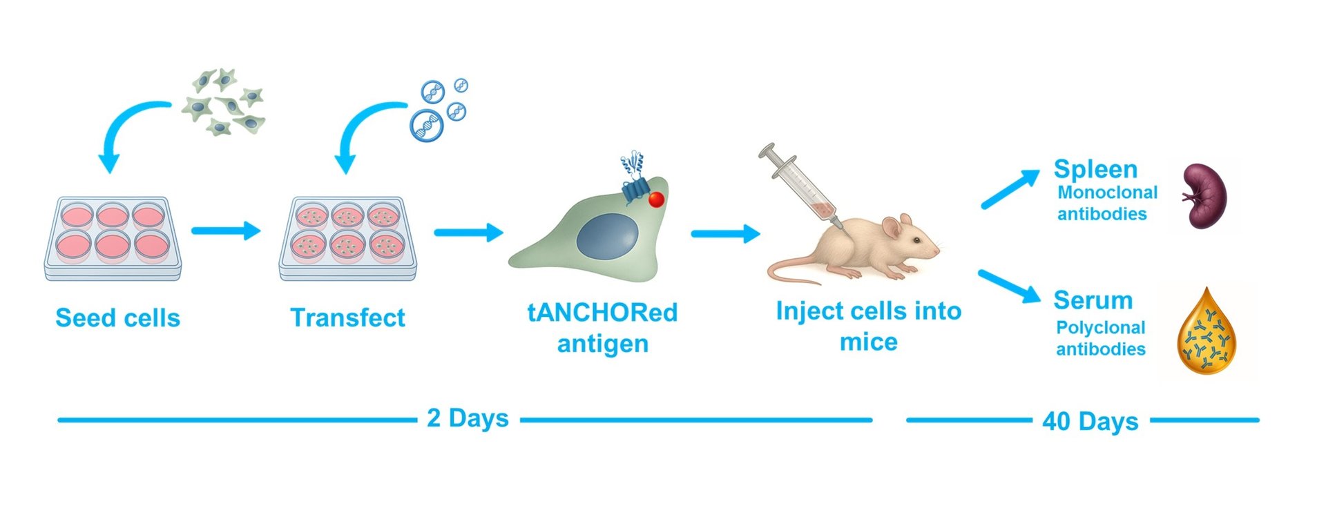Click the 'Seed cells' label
click(x=117, y=318)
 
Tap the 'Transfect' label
click(x=347, y=318)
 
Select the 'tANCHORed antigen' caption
click(x=602, y=328)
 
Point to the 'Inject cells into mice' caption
click(x=868, y=326)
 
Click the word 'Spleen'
click(x=1095, y=169)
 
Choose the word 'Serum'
click(x=1093, y=300)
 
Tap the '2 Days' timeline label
click(x=468, y=418)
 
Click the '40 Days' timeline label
click(x=1090, y=421)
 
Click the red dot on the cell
click(x=656, y=199)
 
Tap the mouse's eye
click(x=915, y=240)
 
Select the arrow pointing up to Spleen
click(x=1010, y=188)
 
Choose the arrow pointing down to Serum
click(x=1009, y=286)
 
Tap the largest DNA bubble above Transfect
click(x=426, y=126)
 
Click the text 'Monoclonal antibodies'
click(x=1106, y=203)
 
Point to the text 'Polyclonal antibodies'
click(x=1101, y=338)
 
